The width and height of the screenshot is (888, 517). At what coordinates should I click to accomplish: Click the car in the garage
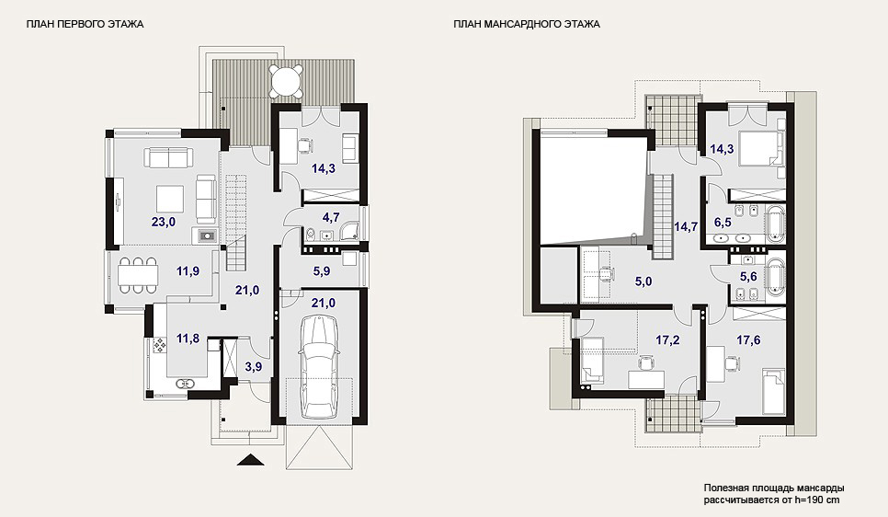[x=319, y=368]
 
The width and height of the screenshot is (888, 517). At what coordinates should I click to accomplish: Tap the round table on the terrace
[x=286, y=81]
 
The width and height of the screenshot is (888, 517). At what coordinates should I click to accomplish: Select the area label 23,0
[x=163, y=222]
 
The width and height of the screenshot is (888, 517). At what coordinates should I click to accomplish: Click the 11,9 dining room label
[x=188, y=271]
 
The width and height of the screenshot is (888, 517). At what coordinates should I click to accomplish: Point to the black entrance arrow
[x=251, y=460]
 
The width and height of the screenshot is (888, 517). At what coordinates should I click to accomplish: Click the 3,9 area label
[x=253, y=366]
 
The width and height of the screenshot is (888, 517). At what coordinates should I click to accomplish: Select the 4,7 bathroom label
[x=331, y=216]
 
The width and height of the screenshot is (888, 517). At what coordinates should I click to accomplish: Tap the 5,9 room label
[x=322, y=271]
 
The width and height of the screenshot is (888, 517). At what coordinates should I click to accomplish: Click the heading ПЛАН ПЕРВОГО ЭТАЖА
[x=85, y=24]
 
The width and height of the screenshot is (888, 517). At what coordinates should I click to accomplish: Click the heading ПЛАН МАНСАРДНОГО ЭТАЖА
[x=527, y=24]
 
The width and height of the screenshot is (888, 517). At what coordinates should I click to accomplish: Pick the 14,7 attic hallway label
[x=685, y=226]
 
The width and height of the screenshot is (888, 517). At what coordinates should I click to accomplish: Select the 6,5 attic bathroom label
[x=723, y=223]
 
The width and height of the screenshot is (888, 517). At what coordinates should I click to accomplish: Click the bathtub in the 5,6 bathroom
[x=775, y=278]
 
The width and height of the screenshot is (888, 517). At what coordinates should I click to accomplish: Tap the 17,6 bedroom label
[x=748, y=339]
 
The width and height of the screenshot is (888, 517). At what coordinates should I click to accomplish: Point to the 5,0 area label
[x=643, y=281]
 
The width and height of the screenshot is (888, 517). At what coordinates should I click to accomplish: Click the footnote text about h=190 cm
[x=774, y=494]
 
